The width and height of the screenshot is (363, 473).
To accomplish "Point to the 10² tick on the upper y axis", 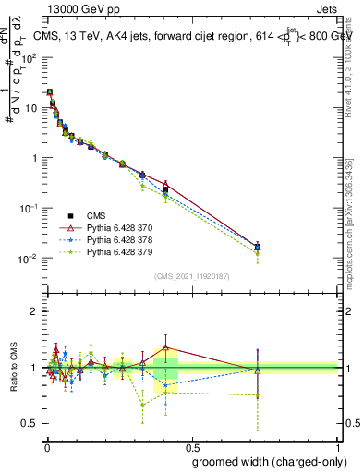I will pos(30,57).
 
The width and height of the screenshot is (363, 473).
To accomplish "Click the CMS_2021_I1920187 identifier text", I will pos(191,275).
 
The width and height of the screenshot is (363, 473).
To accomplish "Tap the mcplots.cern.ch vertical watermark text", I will pos(355,249).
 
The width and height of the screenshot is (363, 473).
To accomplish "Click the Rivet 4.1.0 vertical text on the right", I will pos(355,88).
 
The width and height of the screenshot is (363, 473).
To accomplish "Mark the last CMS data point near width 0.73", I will pos(258,247).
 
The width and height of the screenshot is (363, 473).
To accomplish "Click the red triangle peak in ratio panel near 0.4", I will pos(165,347).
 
